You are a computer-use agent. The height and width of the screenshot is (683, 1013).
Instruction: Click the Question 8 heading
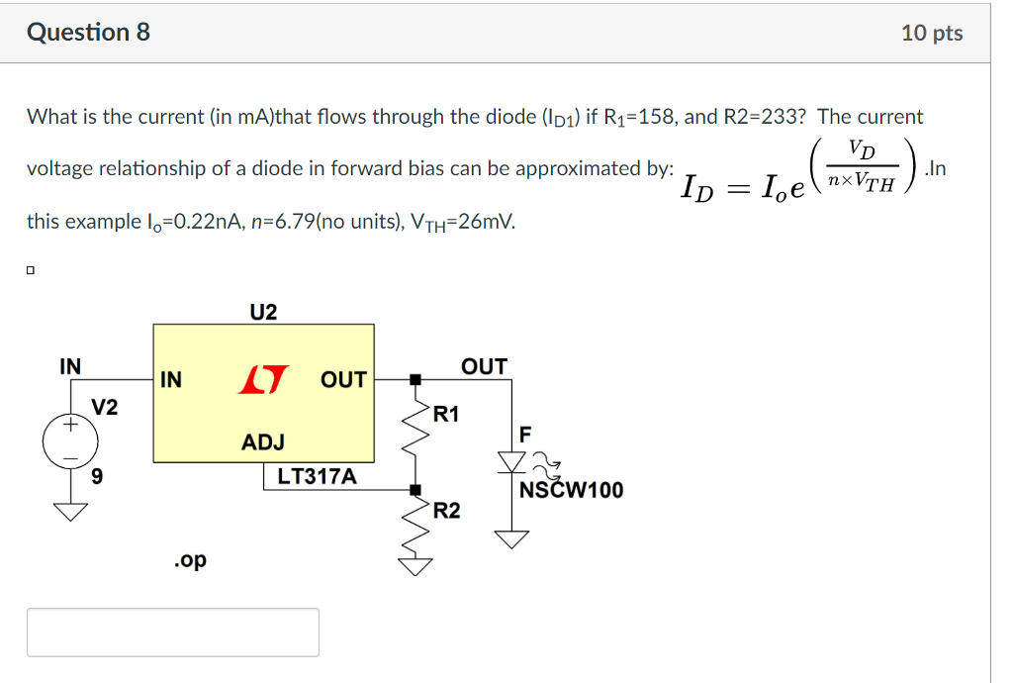[89, 33]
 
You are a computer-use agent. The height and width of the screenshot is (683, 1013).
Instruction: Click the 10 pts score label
[932, 33]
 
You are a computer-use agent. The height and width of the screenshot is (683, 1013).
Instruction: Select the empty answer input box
[173, 633]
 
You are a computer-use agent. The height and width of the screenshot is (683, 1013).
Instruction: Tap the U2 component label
[263, 313]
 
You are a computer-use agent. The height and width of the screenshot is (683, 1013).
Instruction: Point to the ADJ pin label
[263, 442]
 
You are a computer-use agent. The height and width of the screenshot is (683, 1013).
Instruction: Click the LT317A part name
[317, 477]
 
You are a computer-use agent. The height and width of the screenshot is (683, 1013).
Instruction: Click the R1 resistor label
[446, 414]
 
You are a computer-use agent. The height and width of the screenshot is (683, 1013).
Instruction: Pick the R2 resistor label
[446, 511]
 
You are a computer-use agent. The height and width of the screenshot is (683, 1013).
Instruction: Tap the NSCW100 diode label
[572, 490]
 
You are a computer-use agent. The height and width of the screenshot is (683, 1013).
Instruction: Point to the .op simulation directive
[190, 560]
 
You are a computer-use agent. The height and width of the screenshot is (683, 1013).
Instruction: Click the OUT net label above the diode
[485, 367]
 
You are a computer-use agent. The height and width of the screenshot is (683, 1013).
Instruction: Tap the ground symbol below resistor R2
[415, 565]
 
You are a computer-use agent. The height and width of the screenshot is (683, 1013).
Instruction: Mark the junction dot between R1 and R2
[415, 489]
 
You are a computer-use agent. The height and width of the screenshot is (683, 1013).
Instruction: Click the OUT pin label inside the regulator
[344, 380]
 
